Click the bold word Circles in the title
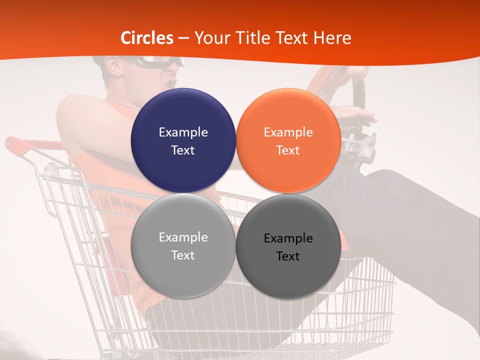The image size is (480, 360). point(147,38)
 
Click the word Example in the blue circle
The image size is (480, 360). point(183,132)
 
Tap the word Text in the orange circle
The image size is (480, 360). point(288,150)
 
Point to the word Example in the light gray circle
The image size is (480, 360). point(183,237)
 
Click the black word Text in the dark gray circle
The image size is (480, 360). point(288,256)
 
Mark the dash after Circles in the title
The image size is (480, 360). point(183,38)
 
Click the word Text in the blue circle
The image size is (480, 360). point(183,150)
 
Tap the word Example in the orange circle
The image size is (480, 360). point(288,132)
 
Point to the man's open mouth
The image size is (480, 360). point(172,80)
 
